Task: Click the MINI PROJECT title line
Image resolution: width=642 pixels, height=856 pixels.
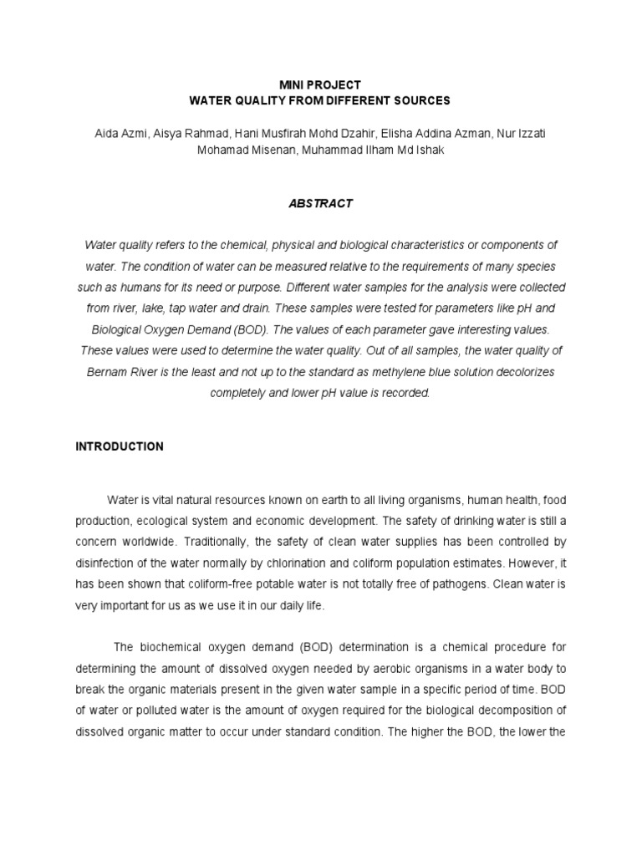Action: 320,84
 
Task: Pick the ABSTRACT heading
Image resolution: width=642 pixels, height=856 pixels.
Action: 320,203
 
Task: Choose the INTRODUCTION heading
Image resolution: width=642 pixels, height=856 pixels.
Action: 120,446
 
